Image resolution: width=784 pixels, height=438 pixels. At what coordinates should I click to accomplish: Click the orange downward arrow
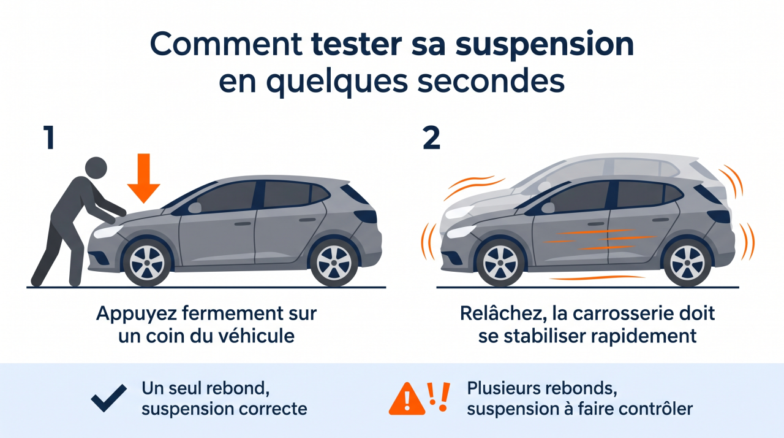click(x=143, y=178)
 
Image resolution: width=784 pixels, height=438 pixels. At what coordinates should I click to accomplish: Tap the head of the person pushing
click(x=96, y=168)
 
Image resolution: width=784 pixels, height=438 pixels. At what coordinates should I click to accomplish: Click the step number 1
click(x=50, y=138)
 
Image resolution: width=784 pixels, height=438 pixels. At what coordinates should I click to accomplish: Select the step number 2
click(x=431, y=138)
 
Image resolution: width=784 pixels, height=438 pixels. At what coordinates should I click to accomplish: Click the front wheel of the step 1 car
click(x=147, y=262)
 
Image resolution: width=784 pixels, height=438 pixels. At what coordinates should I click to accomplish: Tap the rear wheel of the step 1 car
click(x=334, y=262)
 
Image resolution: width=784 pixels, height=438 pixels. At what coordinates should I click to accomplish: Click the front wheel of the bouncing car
click(x=500, y=262)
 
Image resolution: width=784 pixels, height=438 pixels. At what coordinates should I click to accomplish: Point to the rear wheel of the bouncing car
click(x=687, y=262)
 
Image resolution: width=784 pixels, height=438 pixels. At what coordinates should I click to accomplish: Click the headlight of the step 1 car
click(x=108, y=231)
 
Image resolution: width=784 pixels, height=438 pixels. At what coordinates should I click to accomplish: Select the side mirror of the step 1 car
click(x=195, y=208)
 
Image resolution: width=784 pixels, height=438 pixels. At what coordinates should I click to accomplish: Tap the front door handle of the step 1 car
click(x=243, y=223)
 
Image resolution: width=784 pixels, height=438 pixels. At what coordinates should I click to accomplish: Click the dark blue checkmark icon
click(x=109, y=398)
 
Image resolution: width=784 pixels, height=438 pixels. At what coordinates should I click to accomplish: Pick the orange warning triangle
click(x=407, y=399)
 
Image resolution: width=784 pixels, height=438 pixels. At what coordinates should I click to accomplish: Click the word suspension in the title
click(x=545, y=45)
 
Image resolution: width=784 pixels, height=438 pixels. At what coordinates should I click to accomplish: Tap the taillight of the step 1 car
click(x=366, y=216)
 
